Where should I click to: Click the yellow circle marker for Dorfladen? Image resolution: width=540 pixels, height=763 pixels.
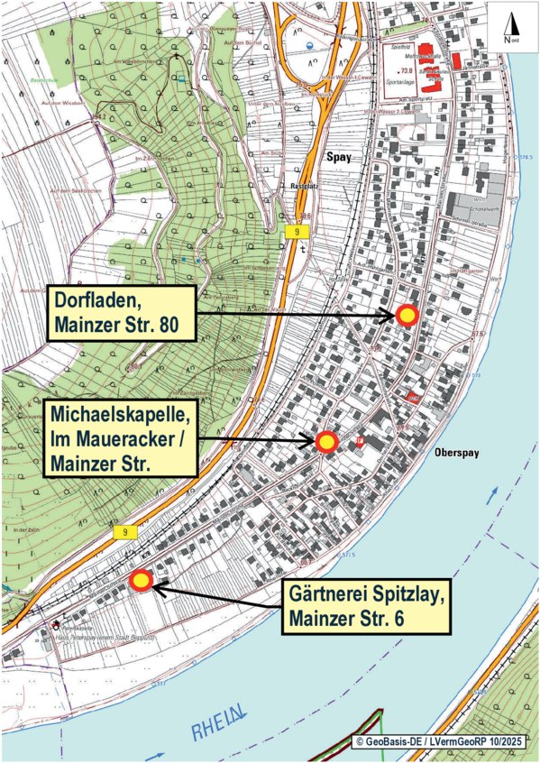(x=407, y=315)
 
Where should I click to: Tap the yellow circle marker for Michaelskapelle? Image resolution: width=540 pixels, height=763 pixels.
(x=326, y=441)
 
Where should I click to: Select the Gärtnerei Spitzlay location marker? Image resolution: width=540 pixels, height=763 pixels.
(x=141, y=582)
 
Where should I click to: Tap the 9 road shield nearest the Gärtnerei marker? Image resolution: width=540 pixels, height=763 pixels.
(x=124, y=533)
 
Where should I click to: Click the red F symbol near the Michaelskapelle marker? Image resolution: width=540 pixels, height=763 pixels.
(x=361, y=440)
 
